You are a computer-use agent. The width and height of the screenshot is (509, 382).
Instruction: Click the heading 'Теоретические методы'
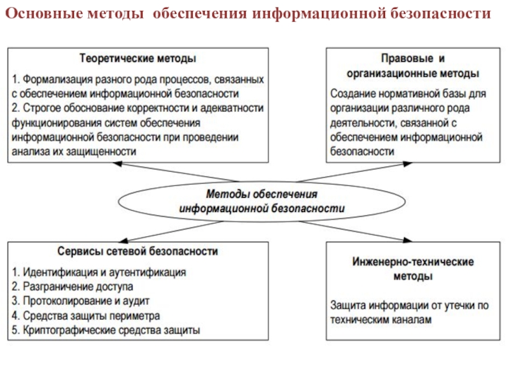137,59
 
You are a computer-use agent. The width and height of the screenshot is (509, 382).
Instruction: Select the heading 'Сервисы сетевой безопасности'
137,251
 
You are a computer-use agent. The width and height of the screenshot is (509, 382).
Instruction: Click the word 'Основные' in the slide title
41,13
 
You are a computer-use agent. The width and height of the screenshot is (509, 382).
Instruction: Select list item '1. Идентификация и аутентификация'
99,272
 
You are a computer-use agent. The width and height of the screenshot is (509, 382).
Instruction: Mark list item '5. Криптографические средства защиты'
106,330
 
